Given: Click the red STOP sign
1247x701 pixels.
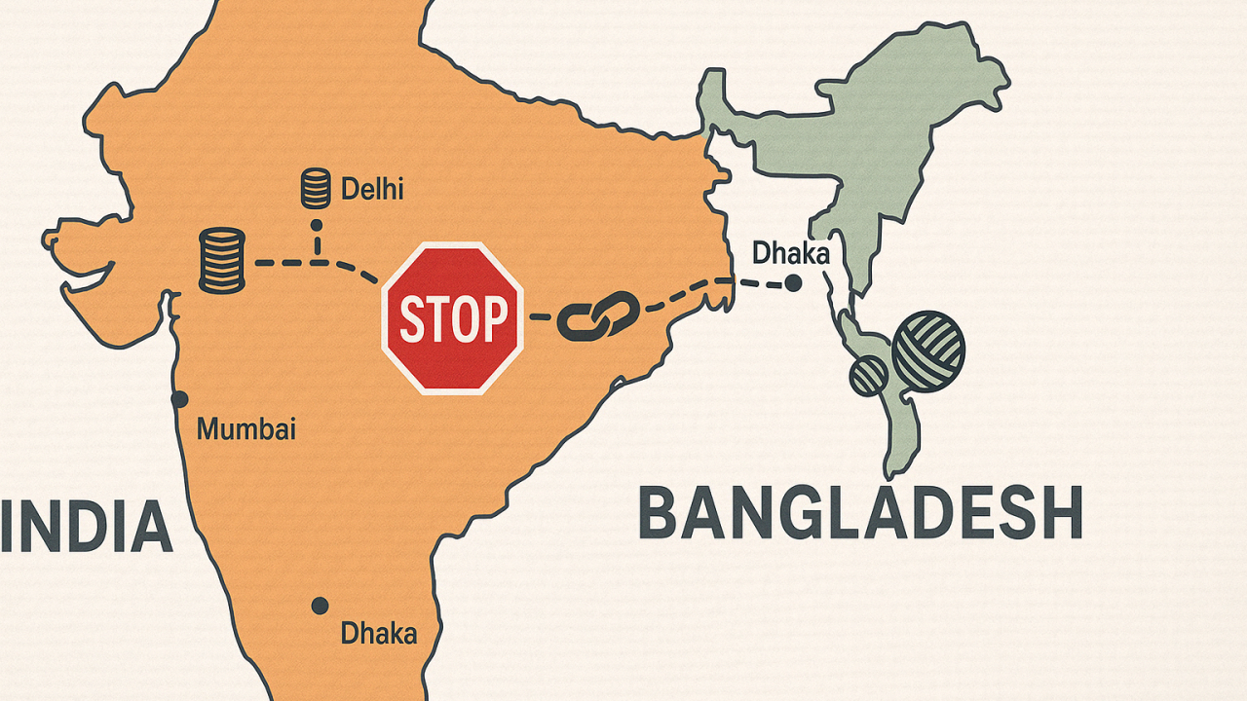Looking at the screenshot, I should [453, 317].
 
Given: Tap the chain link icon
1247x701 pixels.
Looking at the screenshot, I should [598, 317].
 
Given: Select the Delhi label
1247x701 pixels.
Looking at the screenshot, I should [372, 188].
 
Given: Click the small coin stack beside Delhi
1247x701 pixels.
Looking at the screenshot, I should [315, 188].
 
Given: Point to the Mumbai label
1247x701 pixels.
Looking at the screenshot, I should [246, 428].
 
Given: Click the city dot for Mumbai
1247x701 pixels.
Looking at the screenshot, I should [179, 399].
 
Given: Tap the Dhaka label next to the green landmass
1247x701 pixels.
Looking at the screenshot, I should [790, 254].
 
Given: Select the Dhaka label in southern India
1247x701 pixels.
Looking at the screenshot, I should [378, 634].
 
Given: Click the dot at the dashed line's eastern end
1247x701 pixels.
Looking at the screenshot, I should [793, 283].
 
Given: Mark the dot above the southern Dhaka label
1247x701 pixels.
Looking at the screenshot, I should [320, 606].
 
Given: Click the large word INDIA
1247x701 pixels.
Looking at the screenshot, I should [86, 526].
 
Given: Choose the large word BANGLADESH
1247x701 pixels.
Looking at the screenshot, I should [860, 514].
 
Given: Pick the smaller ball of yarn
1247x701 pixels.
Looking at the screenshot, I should [868, 375].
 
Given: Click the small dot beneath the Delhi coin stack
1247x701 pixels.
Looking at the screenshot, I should [316, 225].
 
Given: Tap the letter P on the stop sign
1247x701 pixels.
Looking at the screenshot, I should [495, 318].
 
